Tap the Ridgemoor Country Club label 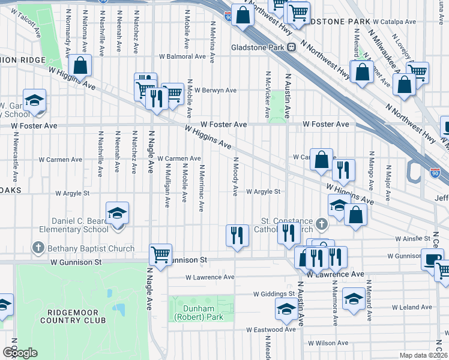tap(73, 316)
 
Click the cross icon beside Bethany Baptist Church tap(38, 248)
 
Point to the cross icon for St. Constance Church tap(322, 225)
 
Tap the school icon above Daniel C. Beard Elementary tap(117, 213)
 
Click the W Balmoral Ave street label tap(182, 57)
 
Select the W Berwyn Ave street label tap(215, 91)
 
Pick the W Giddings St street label tap(274, 294)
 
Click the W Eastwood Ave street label tap(271, 329)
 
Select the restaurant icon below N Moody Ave tap(237, 235)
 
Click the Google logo tap(20, 353)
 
